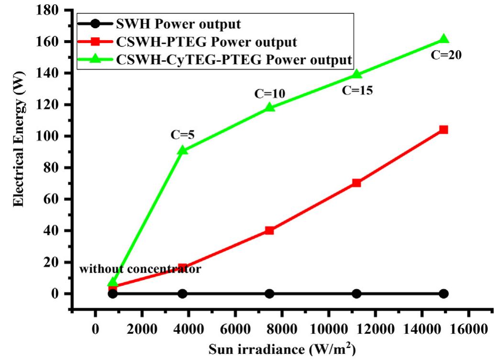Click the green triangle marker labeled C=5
point(182,150)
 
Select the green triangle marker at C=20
point(443,39)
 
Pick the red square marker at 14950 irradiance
point(443,130)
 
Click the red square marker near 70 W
point(356,183)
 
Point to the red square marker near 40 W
point(269,230)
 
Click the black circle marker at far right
point(443,294)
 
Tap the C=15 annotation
point(357,89)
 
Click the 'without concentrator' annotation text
point(140,269)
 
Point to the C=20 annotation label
point(446,55)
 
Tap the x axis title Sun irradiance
point(282,349)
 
